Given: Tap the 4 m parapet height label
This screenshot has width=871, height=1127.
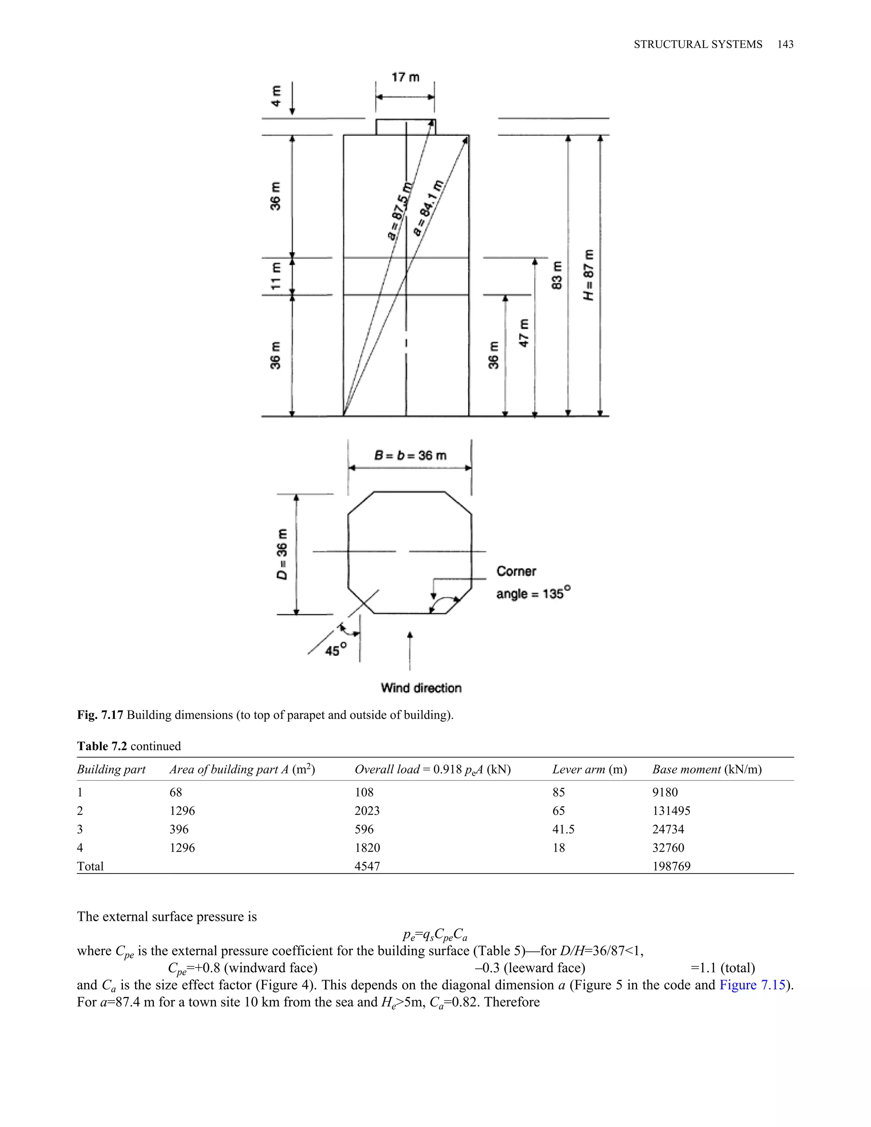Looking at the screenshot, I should pos(276,96).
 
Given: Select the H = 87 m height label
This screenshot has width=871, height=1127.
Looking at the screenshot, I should pos(589,276).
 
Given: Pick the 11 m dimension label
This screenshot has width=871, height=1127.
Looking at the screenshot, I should pos(276,276).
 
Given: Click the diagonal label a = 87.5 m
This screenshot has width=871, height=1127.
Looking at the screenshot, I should pos(400,211).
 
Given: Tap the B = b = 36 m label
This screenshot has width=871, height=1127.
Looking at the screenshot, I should pos(410,455).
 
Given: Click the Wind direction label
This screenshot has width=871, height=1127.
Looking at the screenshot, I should pos(421,688).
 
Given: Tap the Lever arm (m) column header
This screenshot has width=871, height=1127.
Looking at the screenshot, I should pos(589,769).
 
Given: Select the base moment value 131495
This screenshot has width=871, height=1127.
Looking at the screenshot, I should pos(671,811).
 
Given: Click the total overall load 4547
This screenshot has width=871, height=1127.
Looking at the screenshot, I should pos(367,866).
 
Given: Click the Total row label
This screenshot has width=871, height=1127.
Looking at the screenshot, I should pos(90,866).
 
